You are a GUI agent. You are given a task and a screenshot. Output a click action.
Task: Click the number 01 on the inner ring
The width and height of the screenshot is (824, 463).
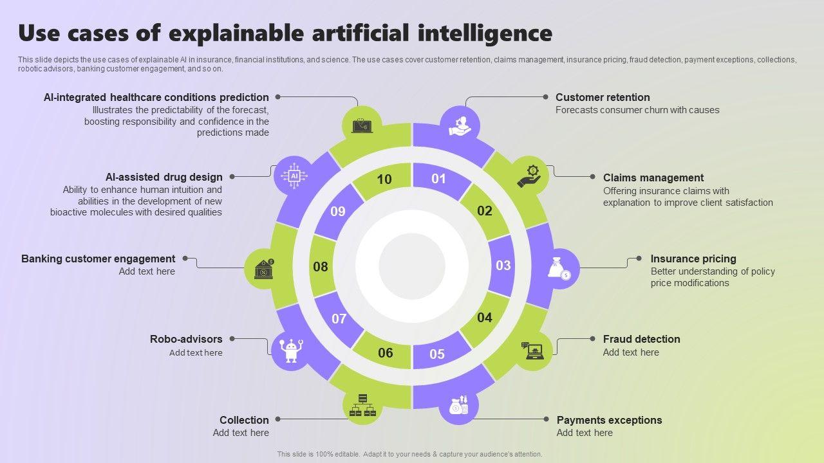click(x=438, y=179)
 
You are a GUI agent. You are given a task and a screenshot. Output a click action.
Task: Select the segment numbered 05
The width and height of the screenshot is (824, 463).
click(x=437, y=354)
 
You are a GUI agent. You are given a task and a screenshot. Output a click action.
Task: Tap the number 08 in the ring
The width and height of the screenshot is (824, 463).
click(x=321, y=267)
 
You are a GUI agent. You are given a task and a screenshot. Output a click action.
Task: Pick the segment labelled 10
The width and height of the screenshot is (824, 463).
click(x=384, y=179)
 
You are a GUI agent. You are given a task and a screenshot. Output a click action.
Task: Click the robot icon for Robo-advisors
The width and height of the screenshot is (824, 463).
click(x=292, y=350)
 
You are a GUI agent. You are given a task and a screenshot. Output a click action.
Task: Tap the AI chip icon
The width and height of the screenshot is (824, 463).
click(x=294, y=176)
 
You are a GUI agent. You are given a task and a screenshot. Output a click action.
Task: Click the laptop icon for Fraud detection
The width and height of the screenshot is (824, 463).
click(x=534, y=350)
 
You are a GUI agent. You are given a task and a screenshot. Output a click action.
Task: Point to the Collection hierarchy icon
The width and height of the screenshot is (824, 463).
click(x=361, y=405)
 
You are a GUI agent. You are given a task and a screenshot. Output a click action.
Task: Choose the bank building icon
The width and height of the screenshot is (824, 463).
click(x=265, y=269)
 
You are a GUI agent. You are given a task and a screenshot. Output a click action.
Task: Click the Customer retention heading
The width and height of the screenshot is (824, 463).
click(x=603, y=97)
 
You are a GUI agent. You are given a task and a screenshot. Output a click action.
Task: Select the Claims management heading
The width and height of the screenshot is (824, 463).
click(x=653, y=177)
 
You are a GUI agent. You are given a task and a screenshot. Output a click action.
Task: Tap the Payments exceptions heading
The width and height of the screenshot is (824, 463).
click(x=609, y=420)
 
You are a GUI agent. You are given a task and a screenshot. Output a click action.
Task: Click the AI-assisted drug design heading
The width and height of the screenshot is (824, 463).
click(x=164, y=177)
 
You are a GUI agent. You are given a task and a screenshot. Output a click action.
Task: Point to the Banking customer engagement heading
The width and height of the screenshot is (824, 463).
click(x=98, y=259)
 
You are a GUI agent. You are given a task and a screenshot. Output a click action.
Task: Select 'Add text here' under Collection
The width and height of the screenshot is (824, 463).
click(x=241, y=433)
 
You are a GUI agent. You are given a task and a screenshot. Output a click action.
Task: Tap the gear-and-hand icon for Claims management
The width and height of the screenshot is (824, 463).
click(x=530, y=176)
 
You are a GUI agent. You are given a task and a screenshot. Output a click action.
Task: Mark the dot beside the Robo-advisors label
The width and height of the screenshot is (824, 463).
click(x=232, y=339)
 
